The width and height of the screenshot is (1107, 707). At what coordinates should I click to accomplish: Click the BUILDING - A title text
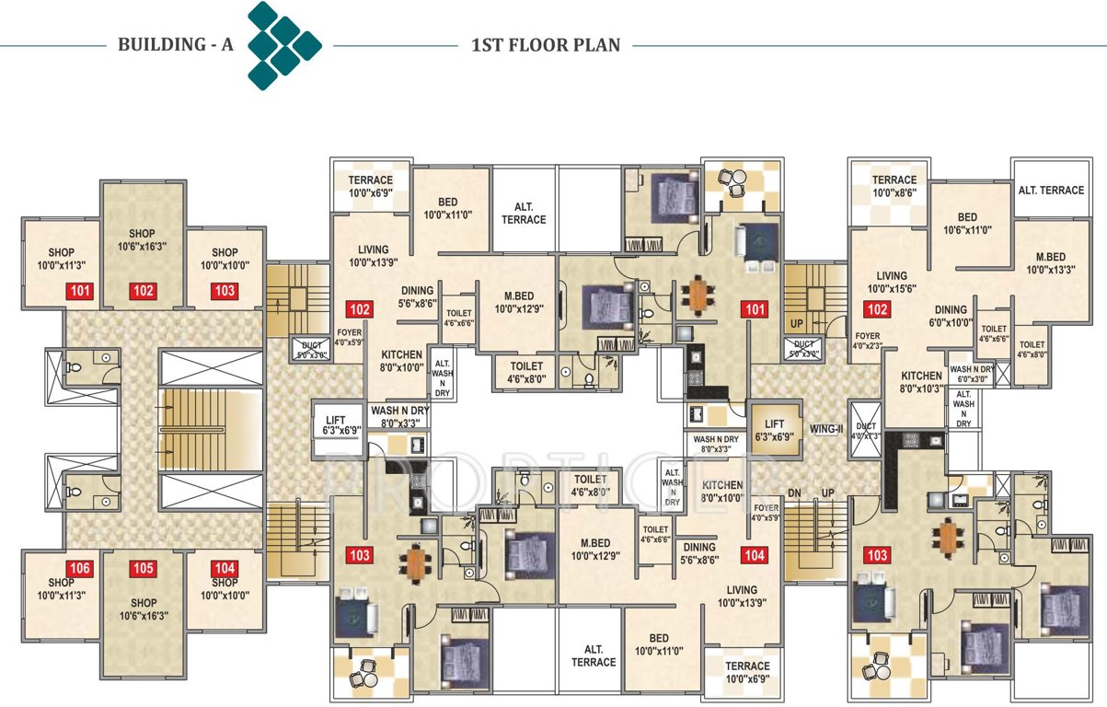[175, 44]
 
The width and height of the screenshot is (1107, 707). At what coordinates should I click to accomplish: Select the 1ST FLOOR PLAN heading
[545, 44]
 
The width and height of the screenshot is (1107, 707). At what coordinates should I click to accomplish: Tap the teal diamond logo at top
[283, 45]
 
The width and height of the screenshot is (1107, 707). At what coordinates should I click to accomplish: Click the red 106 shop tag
[78, 568]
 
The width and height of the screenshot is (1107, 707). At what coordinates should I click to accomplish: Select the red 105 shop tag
[143, 568]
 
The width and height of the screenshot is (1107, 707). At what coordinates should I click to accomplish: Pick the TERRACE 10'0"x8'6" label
[894, 187]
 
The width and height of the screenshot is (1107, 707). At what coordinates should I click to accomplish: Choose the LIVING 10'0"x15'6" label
[892, 282]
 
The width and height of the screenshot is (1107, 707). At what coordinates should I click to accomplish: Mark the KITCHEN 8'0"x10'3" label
[921, 382]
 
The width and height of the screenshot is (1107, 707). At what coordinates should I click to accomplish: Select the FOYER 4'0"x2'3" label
[868, 341]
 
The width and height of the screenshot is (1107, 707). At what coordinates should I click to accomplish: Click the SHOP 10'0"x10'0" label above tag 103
[225, 260]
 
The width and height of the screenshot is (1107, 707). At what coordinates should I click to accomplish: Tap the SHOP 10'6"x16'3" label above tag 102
[143, 240]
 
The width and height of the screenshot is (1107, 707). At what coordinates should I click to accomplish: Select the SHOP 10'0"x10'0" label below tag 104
[225, 589]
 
